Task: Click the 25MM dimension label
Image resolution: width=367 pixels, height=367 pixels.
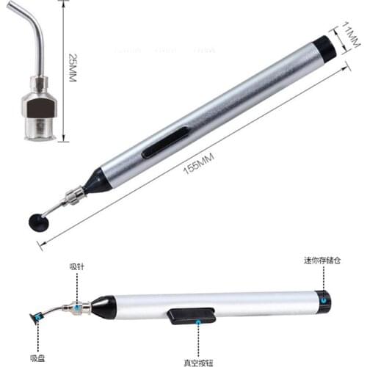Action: [x=71, y=68]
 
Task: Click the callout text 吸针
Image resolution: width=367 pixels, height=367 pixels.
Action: [x=76, y=266]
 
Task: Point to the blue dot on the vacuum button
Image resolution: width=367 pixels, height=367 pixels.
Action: [x=198, y=320]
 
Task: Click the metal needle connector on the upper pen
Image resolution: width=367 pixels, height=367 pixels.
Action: [x=73, y=197]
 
